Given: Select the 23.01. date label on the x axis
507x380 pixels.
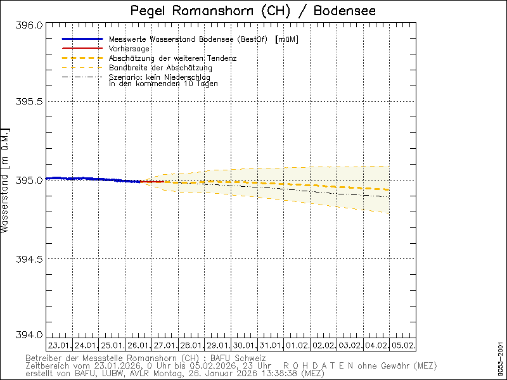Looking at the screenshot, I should coord(59,346).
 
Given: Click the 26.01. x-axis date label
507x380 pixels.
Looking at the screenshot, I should coord(138,346).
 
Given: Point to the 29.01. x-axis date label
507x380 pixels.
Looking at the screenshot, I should coord(217,346).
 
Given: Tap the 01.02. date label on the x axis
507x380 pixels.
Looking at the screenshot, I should coord(297,346).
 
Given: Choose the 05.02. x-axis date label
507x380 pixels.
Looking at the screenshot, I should coord(402,346).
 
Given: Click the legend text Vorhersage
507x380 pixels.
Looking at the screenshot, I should coord(129,49).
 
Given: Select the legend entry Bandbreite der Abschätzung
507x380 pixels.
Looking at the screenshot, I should coord(160,68).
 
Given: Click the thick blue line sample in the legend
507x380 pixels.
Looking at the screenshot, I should coord(82,39).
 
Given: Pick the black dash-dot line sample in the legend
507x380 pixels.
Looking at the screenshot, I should coord(82,77).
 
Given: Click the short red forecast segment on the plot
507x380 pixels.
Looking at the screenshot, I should coord(152,182).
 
